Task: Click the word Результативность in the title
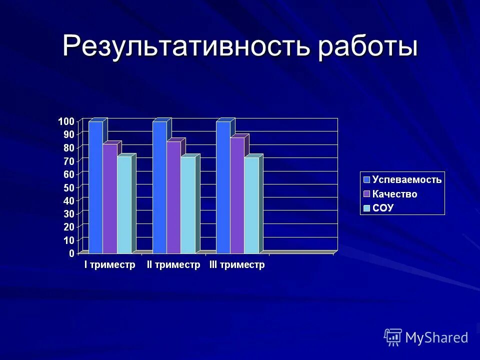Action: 185,46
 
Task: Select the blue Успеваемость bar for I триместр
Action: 95,187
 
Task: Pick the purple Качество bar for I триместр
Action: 110,198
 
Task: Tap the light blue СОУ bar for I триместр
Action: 124,204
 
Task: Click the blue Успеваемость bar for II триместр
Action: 159,187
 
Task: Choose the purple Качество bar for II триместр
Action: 173,197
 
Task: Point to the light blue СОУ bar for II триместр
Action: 188,205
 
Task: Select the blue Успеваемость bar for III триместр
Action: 223,187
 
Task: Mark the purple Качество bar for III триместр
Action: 237,195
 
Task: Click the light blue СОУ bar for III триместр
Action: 251,205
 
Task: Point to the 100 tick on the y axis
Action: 66,121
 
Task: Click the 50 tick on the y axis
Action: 68,187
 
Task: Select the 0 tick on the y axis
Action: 71,253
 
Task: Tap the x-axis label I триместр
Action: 109,265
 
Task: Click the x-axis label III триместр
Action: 236,265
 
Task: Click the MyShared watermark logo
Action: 426,337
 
